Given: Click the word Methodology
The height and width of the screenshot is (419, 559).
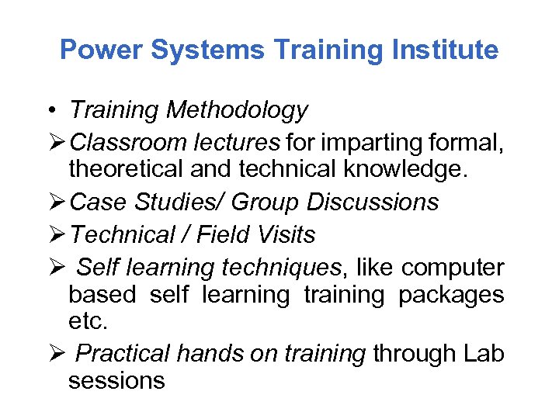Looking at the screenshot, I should point(238,111).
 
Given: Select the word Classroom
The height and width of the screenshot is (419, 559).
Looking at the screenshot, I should point(120,142).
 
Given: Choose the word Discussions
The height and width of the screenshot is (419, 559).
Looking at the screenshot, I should point(373,203).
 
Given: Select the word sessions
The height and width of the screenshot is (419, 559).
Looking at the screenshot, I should point(116,381).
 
